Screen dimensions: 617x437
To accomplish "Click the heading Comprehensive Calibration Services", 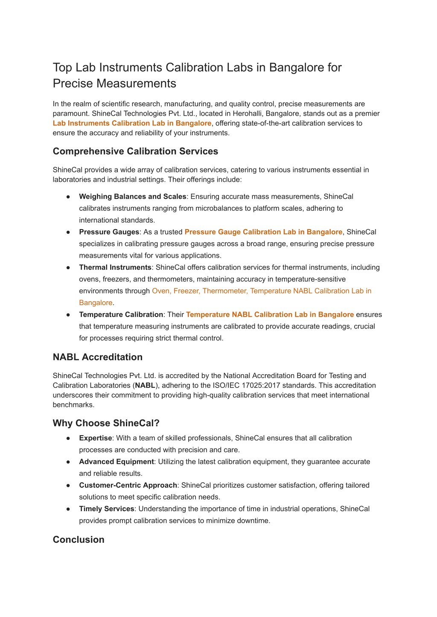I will (x=135, y=151).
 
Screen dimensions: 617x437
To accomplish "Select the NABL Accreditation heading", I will (x=97, y=357).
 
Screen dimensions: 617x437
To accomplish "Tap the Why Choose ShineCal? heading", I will (x=106, y=423).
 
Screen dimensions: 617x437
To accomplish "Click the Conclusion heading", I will (x=79, y=540).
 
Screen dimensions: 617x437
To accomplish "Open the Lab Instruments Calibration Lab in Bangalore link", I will (x=132, y=123).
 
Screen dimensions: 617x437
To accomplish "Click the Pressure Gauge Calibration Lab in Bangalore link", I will (x=263, y=232).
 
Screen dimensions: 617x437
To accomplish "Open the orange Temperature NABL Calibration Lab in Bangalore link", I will (x=270, y=314).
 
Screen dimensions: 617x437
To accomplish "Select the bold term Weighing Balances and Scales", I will (x=132, y=197).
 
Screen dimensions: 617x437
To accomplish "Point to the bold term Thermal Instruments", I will (x=115, y=268).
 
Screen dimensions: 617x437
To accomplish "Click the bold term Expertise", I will (x=95, y=438).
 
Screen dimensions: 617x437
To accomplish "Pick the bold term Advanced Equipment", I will (x=116, y=462).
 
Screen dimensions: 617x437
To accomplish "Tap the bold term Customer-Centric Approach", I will (x=128, y=485).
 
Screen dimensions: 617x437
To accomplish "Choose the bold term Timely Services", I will (x=107, y=509).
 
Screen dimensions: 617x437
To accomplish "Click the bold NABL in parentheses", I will (x=145, y=386).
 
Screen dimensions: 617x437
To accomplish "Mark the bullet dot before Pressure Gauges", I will (x=68, y=232).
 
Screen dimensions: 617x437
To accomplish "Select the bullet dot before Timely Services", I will (x=68, y=509).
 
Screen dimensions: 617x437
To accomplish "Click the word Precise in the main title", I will (x=73, y=84).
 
